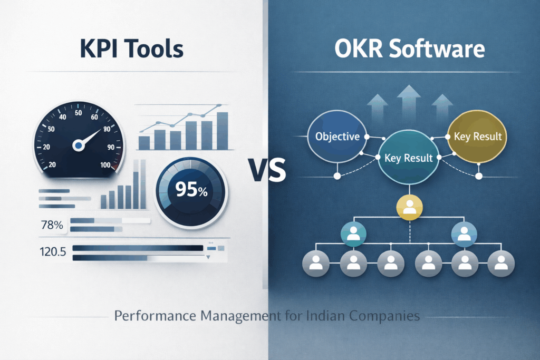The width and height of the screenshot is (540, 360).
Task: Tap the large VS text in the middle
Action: pyautogui.click(x=269, y=171)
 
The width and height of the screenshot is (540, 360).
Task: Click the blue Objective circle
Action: pyautogui.click(x=337, y=137)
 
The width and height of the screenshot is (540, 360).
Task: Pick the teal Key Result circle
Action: pyautogui.click(x=409, y=157)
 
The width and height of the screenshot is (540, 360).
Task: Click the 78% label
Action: pyautogui.click(x=52, y=225)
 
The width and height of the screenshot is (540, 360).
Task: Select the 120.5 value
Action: pyautogui.click(x=53, y=252)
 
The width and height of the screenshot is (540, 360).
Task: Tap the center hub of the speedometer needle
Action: pyautogui.click(x=79, y=144)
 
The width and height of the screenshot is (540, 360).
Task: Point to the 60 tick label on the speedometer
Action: pyautogui.click(x=94, y=118)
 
